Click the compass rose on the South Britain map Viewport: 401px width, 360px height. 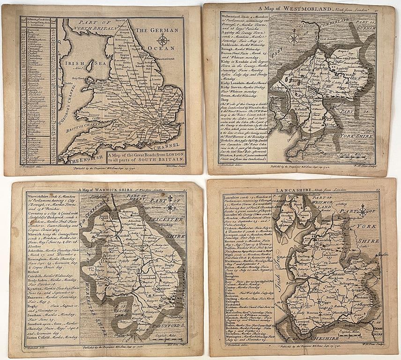163,40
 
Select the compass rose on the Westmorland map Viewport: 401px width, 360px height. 294,37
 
